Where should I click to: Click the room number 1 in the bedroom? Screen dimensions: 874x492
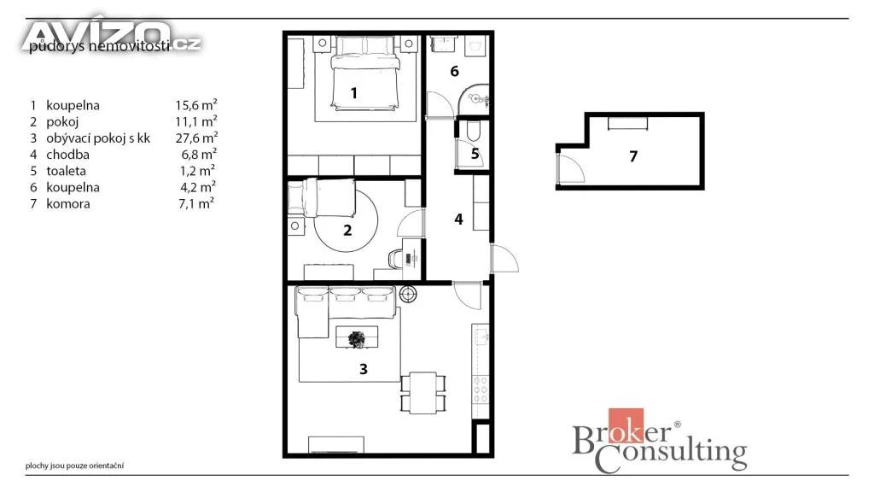tap(354, 93)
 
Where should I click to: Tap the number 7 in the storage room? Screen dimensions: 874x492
tap(633, 156)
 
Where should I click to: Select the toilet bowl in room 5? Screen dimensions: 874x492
tap(473, 132)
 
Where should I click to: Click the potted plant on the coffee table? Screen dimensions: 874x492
tap(357, 338)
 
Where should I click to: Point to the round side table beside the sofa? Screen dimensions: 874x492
tap(408, 294)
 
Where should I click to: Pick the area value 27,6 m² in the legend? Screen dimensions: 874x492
tap(196, 138)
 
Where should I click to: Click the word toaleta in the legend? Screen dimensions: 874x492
tap(66, 171)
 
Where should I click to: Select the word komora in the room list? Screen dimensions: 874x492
tap(68, 203)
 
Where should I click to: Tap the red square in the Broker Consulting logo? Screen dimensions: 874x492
tap(626, 425)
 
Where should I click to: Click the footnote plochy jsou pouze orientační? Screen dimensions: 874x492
tap(75, 466)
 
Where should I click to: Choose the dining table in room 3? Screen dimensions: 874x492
tap(423, 393)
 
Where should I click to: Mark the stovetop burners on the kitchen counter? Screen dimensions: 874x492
tap(481, 389)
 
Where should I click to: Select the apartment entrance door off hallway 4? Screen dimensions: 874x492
tap(504, 259)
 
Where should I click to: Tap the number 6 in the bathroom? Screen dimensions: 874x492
tap(454, 72)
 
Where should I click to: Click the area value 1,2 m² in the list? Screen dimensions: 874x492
tap(197, 170)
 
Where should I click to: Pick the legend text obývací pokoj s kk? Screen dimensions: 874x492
tap(98, 138)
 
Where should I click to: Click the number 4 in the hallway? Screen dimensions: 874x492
tap(458, 220)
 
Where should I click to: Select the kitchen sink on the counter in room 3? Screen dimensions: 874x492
tap(481, 336)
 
